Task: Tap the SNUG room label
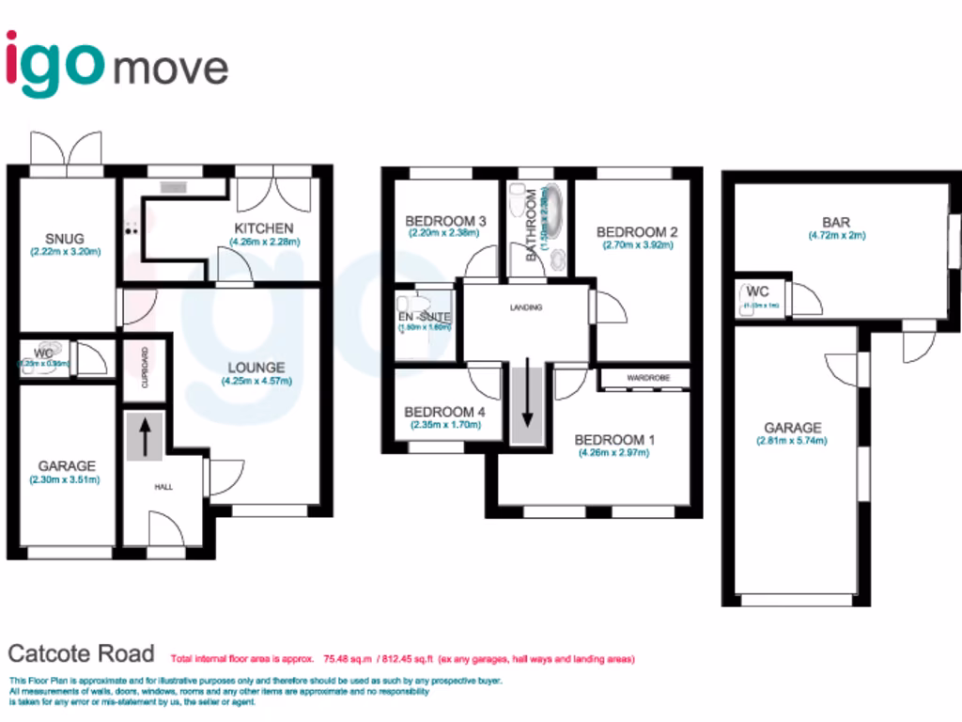[x=65, y=238]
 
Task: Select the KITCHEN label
[x=263, y=228]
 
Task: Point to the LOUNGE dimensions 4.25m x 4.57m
[x=256, y=382]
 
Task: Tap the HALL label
[x=163, y=487]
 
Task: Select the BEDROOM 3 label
[x=445, y=222]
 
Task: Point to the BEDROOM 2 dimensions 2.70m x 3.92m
[x=639, y=246]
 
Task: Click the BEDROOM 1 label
[x=610, y=440]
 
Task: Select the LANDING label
[x=526, y=307]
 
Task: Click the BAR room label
[x=835, y=223]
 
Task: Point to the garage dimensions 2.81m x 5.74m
[x=792, y=441]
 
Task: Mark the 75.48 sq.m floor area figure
[x=346, y=659]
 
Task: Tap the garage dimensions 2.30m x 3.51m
[x=67, y=479]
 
